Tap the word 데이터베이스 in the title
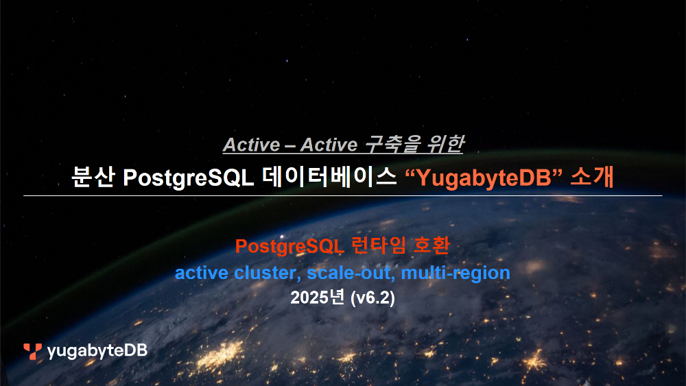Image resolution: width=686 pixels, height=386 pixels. click(x=330, y=177)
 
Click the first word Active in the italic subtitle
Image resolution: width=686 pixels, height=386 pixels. click(x=251, y=145)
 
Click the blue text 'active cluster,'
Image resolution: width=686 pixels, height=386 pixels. click(x=238, y=273)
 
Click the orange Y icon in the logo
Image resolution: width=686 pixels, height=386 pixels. click(x=32, y=351)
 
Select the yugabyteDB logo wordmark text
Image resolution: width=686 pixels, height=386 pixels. click(x=97, y=352)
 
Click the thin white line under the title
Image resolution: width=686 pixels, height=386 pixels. click(x=343, y=196)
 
